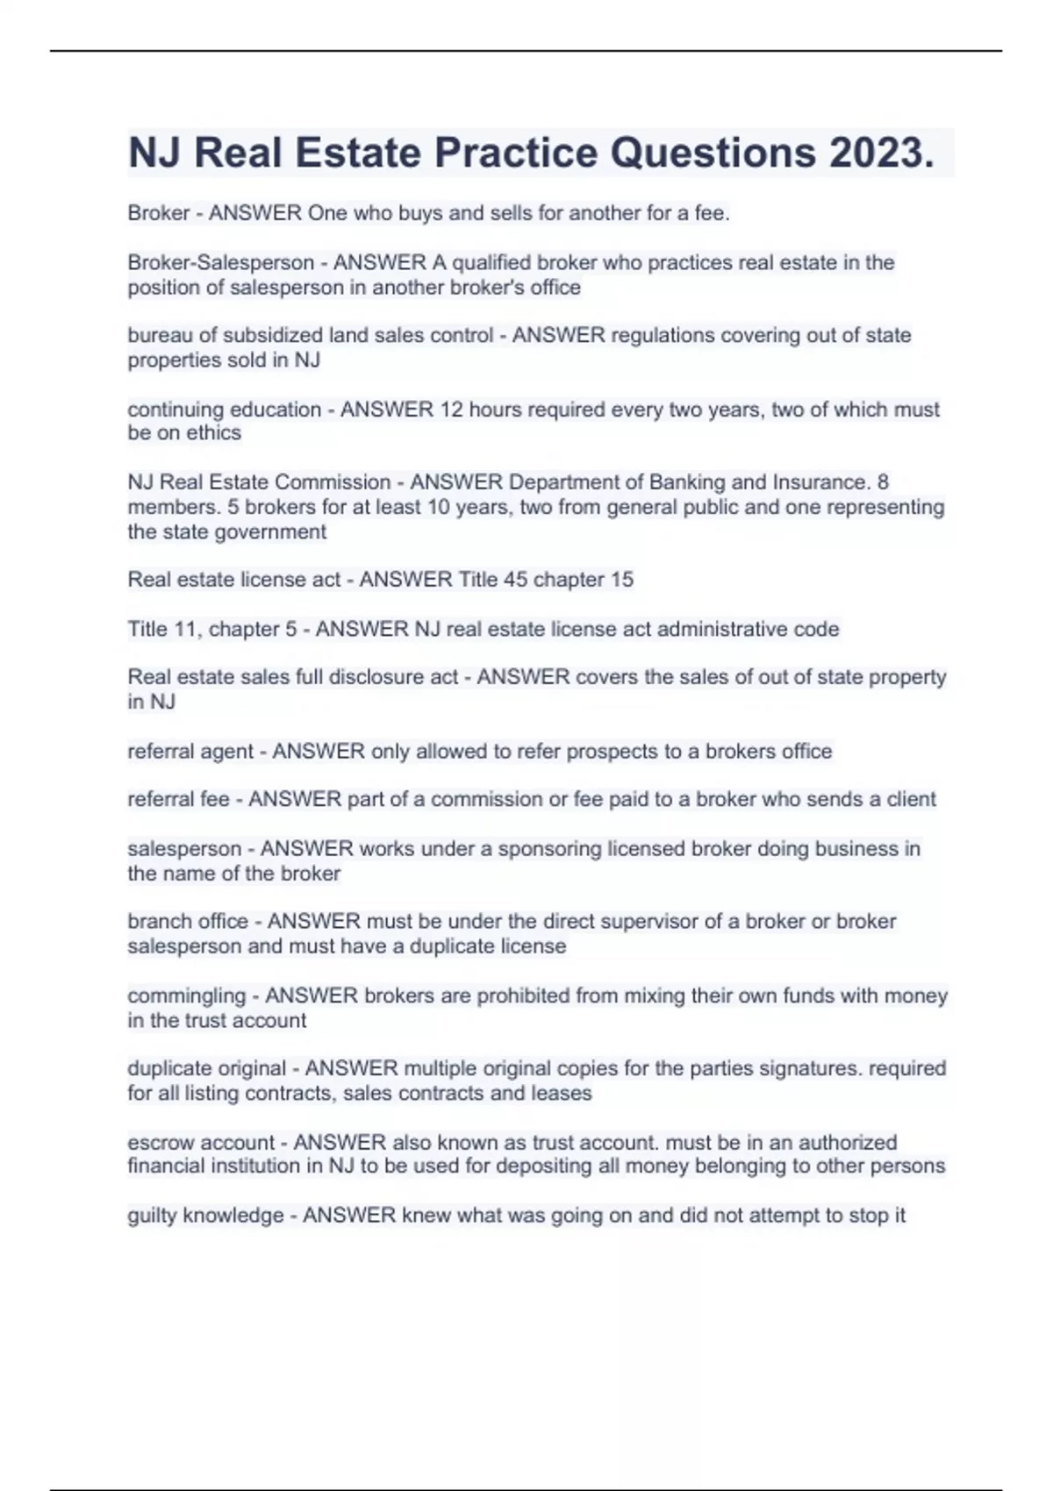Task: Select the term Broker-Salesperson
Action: coord(221,262)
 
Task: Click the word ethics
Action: coord(212,432)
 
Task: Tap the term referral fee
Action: coord(178,799)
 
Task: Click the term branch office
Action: coord(188,921)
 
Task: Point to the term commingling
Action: coord(186,995)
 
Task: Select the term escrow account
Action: coord(201,1142)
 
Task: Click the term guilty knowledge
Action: coord(205,1215)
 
